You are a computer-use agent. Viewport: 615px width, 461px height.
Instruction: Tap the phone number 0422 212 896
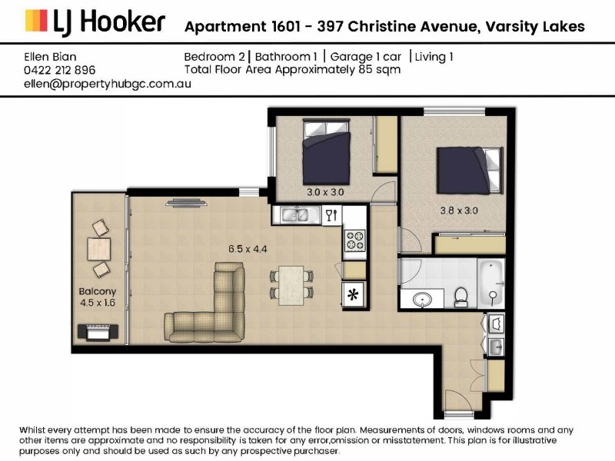pos(60,70)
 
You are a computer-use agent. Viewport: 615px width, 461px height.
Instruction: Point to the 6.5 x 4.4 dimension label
pos(248,249)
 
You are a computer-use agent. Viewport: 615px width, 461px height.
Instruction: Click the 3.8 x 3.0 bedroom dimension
pos(459,209)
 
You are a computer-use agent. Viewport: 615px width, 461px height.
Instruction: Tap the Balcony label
pos(98,291)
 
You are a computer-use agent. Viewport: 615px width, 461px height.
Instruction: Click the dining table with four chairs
pos(291,283)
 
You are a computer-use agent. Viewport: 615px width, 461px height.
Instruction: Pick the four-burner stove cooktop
pos(354,240)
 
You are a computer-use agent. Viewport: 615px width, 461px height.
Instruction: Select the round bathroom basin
pos(421,299)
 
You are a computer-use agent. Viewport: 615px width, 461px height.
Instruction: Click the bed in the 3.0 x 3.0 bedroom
pos(327,152)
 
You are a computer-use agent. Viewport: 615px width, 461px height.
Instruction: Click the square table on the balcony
pos(98,249)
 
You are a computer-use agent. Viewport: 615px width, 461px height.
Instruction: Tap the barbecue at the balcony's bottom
pos(98,332)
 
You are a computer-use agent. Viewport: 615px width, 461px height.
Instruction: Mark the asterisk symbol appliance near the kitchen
pos(354,294)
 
